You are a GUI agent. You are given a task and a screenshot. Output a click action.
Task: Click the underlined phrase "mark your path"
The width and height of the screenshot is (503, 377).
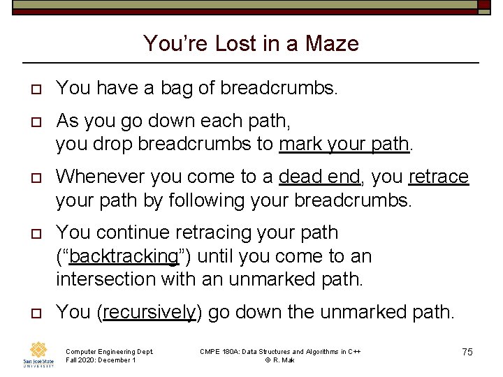(x=344, y=144)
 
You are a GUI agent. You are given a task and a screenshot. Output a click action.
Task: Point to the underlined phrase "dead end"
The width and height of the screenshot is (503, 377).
(x=319, y=177)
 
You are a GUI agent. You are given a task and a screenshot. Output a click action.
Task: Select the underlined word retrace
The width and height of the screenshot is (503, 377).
(x=438, y=177)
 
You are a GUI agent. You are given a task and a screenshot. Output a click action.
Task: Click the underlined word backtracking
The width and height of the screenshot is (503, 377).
(x=124, y=256)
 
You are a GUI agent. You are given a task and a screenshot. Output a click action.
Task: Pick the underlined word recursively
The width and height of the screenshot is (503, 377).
(x=149, y=312)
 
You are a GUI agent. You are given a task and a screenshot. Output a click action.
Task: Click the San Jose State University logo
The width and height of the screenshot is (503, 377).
(x=38, y=354)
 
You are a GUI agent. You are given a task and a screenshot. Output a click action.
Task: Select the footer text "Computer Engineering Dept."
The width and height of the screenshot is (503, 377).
(x=109, y=351)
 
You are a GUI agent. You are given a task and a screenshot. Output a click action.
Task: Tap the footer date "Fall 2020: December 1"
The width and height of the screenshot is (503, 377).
(x=101, y=360)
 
